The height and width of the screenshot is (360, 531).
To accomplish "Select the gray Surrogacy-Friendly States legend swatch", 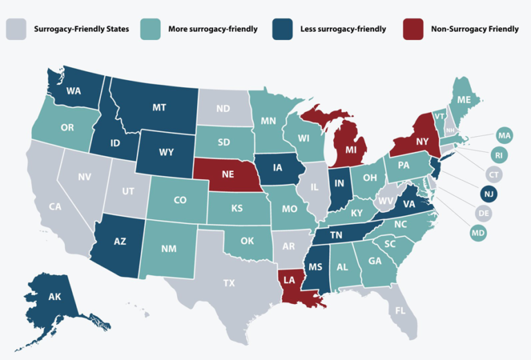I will (16, 29).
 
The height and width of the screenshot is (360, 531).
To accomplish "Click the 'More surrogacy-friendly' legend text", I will (212, 29).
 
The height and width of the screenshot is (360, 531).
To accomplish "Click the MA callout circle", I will (504, 135).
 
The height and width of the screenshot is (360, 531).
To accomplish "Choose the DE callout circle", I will (483, 214).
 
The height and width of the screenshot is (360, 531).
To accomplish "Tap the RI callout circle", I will (498, 153).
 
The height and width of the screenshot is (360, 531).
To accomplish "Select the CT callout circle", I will (494, 173).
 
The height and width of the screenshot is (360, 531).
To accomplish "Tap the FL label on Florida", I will (400, 311).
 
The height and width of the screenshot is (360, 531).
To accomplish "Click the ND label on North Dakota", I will (223, 108).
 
